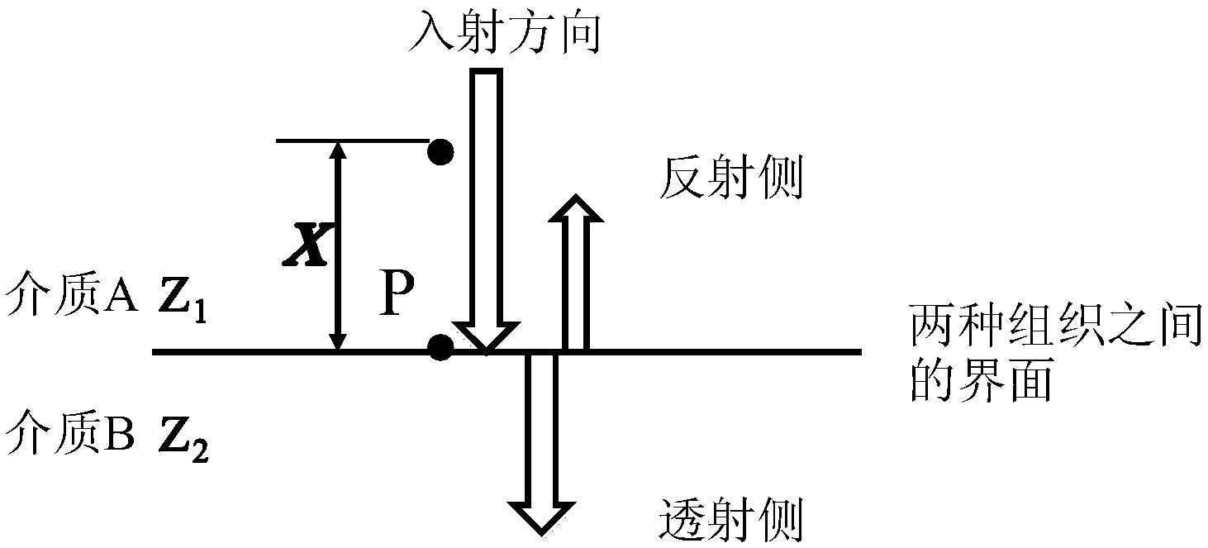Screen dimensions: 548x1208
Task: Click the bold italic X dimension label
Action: (x=306, y=247)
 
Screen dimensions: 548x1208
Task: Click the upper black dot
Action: (x=441, y=151)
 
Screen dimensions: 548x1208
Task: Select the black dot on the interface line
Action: (x=441, y=348)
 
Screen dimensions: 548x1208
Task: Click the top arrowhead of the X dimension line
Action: (x=337, y=150)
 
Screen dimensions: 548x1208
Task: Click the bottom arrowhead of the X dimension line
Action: (x=337, y=341)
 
